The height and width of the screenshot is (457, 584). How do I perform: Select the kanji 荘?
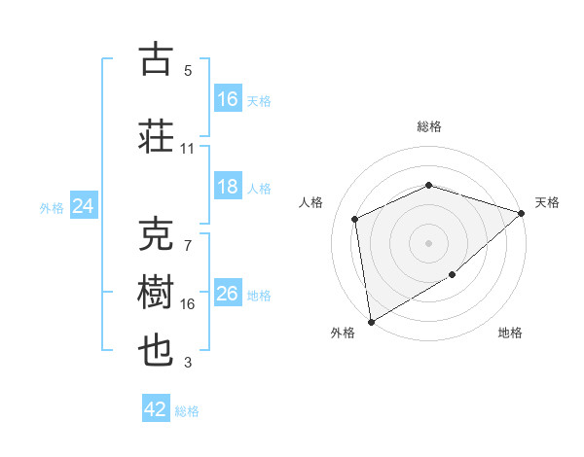156,136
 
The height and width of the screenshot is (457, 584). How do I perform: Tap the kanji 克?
156,234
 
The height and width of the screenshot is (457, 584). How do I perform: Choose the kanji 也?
156,351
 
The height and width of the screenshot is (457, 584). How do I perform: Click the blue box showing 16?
228,99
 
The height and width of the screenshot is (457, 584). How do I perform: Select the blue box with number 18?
228,187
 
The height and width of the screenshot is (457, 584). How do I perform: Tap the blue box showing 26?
228,294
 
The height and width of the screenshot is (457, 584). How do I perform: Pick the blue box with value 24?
83,206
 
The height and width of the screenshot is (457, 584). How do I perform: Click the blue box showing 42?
156,409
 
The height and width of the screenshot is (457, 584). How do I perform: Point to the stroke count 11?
187,149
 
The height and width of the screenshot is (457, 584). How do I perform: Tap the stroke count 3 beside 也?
188,364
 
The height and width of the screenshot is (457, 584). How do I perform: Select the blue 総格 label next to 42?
187,411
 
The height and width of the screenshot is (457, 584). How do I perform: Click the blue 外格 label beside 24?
52,208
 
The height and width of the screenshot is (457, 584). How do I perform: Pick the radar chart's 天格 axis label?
547,202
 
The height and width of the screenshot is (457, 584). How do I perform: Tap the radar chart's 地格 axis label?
510,334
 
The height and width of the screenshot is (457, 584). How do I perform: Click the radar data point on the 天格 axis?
522,213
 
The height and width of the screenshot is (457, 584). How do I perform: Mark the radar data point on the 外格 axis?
371,321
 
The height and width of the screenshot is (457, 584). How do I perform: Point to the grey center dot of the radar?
428,242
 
